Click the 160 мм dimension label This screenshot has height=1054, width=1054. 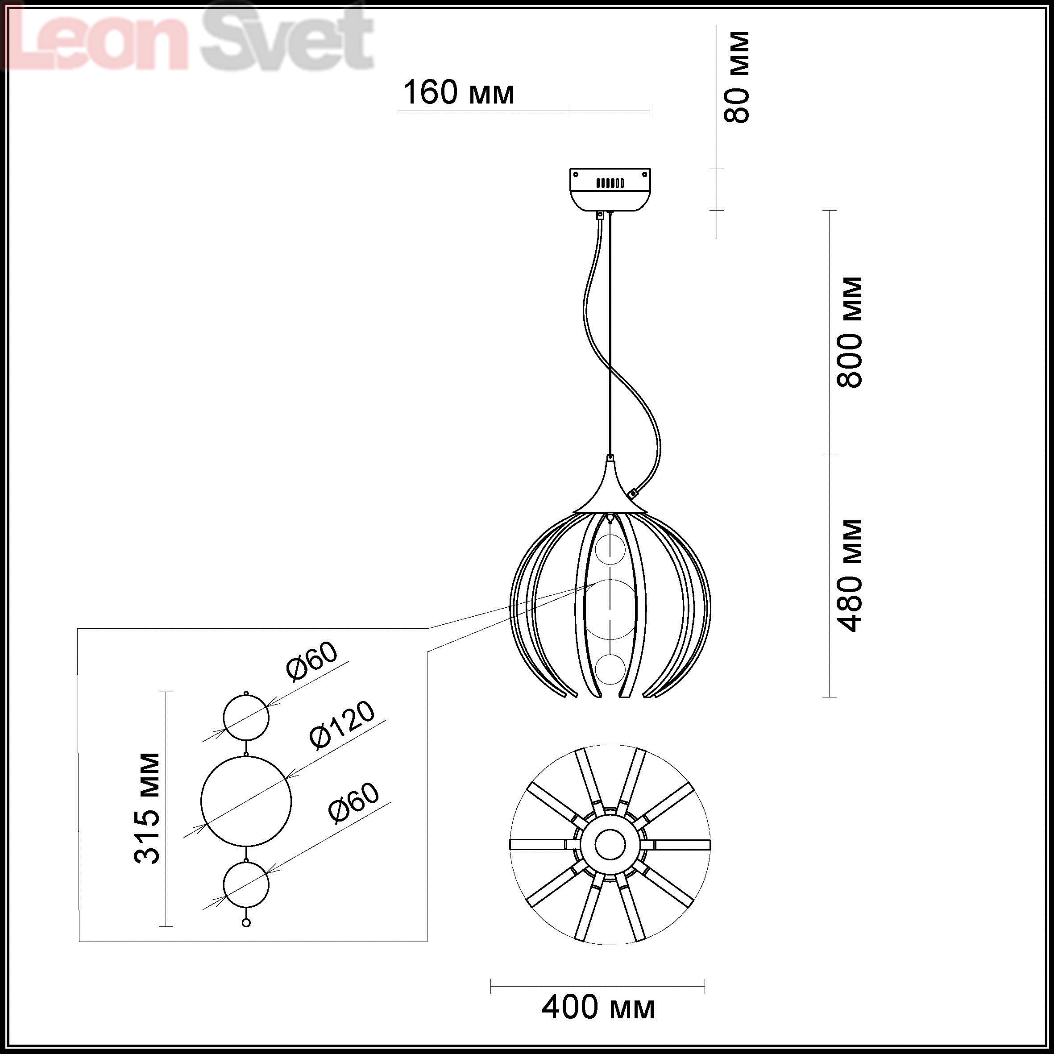point(458,93)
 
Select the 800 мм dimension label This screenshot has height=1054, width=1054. point(850,332)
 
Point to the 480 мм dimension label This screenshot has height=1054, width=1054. point(850,576)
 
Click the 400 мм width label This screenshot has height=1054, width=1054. point(598,1008)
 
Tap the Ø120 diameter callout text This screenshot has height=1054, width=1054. point(343,725)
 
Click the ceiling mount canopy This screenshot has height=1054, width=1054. point(610,190)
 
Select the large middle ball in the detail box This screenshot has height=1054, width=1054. point(246,801)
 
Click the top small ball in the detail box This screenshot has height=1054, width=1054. point(246,718)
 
